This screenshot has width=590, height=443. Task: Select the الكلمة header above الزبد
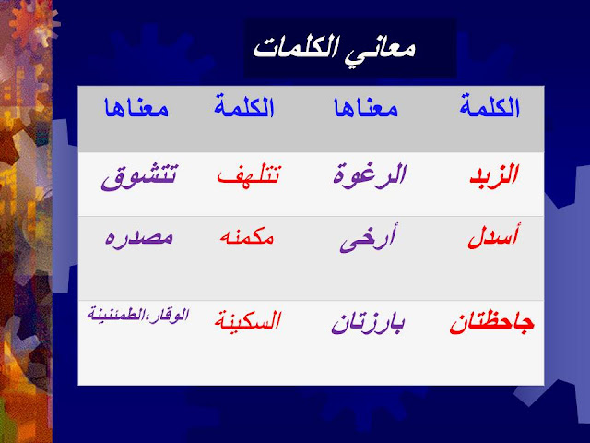(x=490, y=107)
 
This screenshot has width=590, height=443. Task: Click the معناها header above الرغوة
(x=366, y=108)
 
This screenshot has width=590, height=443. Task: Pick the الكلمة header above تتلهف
(x=243, y=106)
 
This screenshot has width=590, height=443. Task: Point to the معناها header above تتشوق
(x=136, y=108)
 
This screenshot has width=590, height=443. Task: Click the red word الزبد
(x=494, y=174)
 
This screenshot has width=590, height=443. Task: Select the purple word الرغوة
(x=370, y=175)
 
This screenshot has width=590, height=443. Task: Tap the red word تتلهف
(x=249, y=175)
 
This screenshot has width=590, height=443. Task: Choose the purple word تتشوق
(x=139, y=177)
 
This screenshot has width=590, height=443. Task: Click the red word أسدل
(x=494, y=236)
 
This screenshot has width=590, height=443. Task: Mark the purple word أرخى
(x=367, y=238)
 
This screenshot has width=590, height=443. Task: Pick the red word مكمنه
(x=247, y=237)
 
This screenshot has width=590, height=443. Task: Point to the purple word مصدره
(x=139, y=237)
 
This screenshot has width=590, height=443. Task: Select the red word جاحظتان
(x=491, y=323)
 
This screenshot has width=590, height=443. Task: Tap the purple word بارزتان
(x=368, y=323)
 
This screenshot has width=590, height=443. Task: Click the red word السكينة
(x=248, y=321)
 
